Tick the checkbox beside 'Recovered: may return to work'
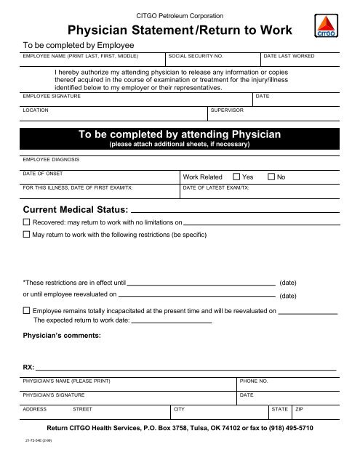(27, 222)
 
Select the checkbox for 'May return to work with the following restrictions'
(27, 235)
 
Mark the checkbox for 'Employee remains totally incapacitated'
(27, 311)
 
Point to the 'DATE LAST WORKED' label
(289, 55)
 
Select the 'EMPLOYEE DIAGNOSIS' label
(52, 158)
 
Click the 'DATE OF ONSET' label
(43, 173)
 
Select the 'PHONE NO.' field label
(254, 381)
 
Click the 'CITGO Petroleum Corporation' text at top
(180, 15)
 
